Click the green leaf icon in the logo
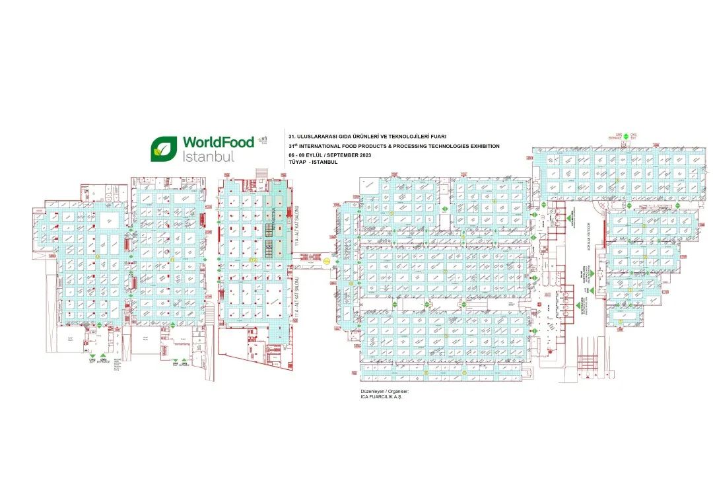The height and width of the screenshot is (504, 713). click(x=162, y=149)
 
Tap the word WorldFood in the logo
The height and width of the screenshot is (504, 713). click(x=218, y=143)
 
